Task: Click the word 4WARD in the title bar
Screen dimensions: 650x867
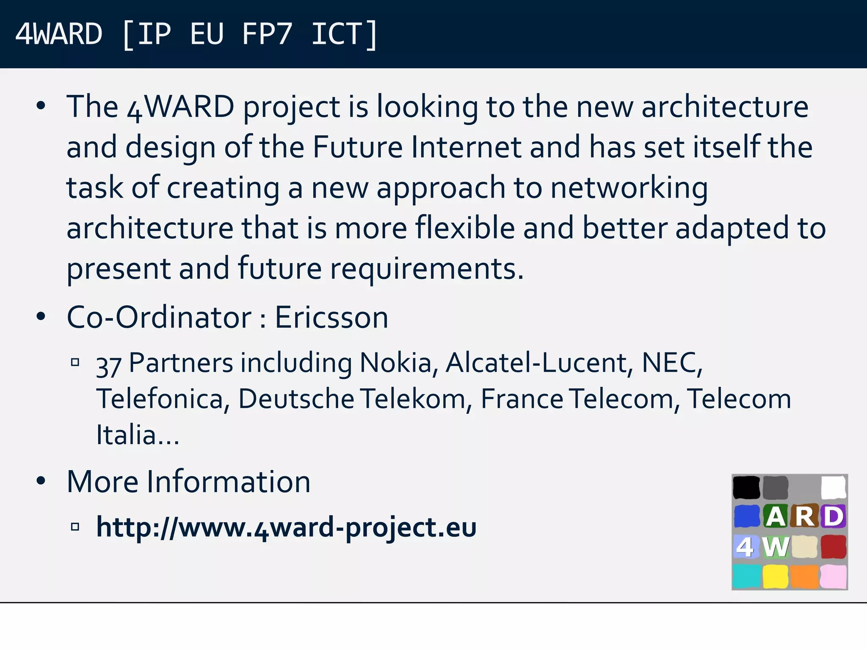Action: [58, 34]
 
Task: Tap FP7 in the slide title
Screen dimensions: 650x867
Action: [267, 34]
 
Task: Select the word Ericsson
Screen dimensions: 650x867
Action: [331, 317]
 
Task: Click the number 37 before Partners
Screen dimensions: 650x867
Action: [109, 365]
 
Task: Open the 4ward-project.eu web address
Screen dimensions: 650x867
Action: [286, 527]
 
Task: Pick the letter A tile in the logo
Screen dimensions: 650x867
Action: [776, 516]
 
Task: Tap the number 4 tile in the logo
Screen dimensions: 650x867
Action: [746, 547]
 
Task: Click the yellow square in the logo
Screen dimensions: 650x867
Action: [776, 576]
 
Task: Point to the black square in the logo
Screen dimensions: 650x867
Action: [746, 487]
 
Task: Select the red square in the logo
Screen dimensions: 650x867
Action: [834, 547]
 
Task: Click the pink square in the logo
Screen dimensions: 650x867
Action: [834, 576]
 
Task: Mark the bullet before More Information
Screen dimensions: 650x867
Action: [41, 481]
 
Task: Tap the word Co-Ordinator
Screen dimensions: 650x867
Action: [159, 317]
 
